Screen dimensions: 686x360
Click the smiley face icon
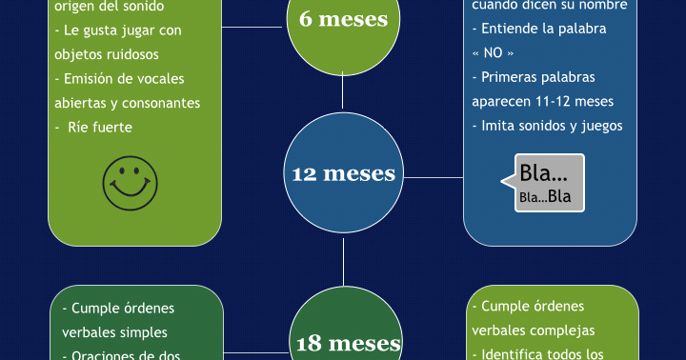(131, 182)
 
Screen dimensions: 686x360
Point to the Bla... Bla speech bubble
(549, 183)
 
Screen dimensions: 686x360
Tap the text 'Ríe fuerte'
(99, 127)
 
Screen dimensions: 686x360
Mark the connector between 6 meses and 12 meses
(343, 92)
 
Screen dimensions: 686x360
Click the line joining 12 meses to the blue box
(434, 176)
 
